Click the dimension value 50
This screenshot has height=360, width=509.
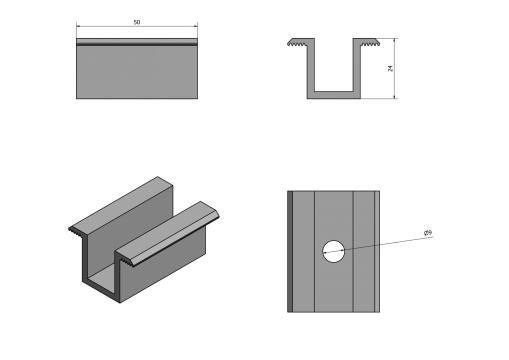point(137,22)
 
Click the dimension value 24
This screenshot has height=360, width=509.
point(390,68)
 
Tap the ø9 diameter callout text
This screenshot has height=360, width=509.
point(428,233)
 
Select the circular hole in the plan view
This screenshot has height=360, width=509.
point(334,251)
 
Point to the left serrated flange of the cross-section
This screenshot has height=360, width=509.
point(301,42)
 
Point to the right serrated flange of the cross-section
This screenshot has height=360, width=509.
point(366,42)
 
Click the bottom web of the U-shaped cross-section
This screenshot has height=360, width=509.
point(334,95)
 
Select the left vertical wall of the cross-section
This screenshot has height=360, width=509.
point(311,68)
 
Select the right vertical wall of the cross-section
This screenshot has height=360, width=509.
point(357,68)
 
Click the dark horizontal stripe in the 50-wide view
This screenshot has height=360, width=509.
point(137,44)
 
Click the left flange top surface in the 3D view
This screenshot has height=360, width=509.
point(122,204)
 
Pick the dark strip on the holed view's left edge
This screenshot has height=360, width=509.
point(290,252)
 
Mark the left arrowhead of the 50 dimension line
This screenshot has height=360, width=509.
point(79,26)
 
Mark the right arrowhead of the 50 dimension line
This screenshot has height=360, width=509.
point(195,26)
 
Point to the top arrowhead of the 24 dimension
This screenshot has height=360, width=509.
point(395,41)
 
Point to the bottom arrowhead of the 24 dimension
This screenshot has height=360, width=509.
point(395,96)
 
